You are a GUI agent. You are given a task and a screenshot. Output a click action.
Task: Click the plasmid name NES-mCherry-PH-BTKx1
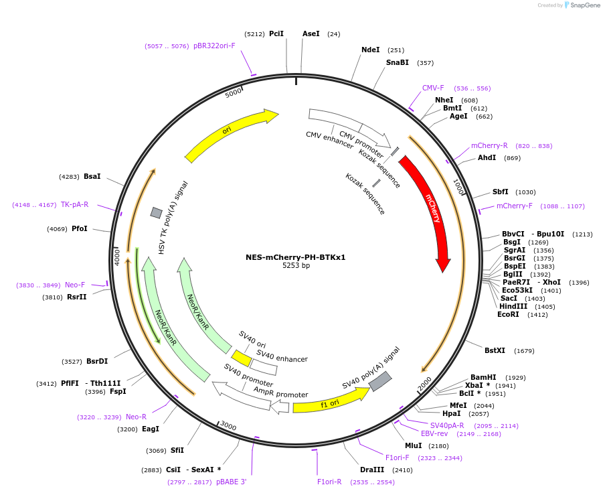[x=296, y=257]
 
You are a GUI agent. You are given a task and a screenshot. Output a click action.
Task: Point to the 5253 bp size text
[x=296, y=266]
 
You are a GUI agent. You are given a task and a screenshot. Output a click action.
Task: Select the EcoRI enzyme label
[x=508, y=314]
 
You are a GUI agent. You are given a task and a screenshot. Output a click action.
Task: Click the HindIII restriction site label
[x=513, y=306]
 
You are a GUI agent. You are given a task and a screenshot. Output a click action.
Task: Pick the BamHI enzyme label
[x=483, y=377]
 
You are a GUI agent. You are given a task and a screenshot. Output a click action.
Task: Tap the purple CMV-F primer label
[x=433, y=88]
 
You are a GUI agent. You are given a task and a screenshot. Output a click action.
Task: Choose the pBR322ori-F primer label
[x=214, y=46]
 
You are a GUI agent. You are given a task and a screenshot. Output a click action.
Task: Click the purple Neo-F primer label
[x=75, y=285]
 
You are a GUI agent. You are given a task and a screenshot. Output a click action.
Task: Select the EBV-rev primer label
[x=434, y=433]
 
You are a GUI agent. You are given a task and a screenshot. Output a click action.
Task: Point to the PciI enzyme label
[x=276, y=33]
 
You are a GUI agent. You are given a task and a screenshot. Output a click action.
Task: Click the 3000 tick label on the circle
[x=228, y=426]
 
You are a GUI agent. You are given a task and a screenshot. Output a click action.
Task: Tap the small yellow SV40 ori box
[x=242, y=358]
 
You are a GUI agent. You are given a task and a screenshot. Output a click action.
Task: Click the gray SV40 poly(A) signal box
[x=379, y=381]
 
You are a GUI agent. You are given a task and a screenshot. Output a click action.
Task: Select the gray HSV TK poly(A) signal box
[x=156, y=212]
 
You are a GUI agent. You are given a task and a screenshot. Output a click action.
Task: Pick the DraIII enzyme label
[x=371, y=470]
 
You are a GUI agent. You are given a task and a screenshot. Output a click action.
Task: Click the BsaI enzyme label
[x=92, y=176]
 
